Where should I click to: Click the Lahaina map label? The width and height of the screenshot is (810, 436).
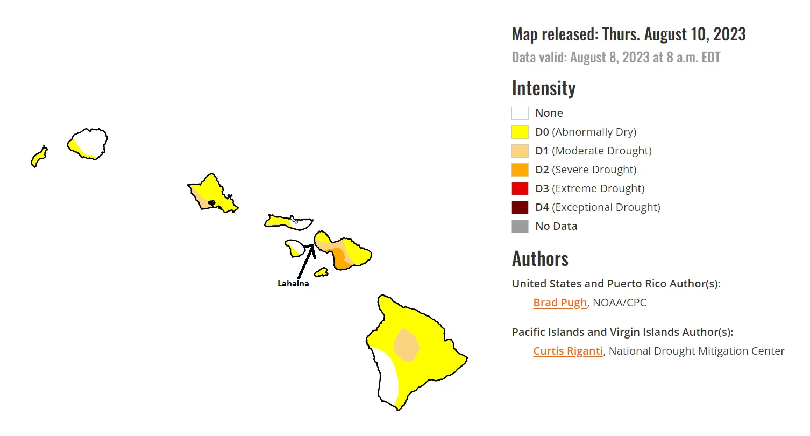tap(293, 284)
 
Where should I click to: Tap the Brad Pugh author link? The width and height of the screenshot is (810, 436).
tap(560, 303)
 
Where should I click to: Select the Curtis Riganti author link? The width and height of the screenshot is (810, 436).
tap(567, 351)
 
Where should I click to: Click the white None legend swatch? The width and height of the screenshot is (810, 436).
tap(520, 113)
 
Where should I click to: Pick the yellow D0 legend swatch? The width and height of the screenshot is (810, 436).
tap(520, 132)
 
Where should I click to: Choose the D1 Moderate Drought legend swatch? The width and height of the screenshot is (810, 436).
tap(520, 151)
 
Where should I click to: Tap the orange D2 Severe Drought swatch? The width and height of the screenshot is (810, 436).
tap(520, 170)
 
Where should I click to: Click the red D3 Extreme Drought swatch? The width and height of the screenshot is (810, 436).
tap(520, 188)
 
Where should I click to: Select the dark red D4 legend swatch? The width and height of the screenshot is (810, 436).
tap(520, 207)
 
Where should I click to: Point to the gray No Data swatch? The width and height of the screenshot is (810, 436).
tap(520, 226)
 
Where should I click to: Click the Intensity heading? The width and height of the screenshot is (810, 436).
tap(543, 88)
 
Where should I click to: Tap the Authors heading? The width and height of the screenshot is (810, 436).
tap(540, 258)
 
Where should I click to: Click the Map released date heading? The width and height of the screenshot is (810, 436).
tap(628, 34)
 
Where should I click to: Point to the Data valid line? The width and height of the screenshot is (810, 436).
tap(615, 58)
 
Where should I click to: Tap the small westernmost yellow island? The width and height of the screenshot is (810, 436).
tap(38, 158)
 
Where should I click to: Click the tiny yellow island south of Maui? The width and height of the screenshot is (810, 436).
tap(321, 273)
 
